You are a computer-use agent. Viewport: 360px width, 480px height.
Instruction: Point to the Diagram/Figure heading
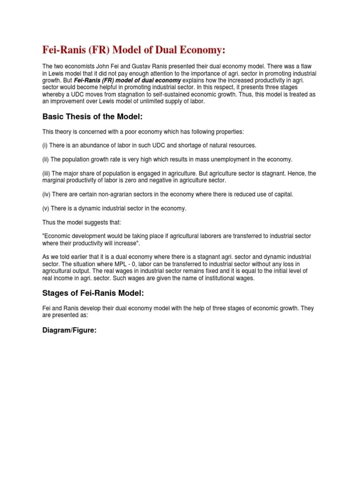(x=69, y=330)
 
